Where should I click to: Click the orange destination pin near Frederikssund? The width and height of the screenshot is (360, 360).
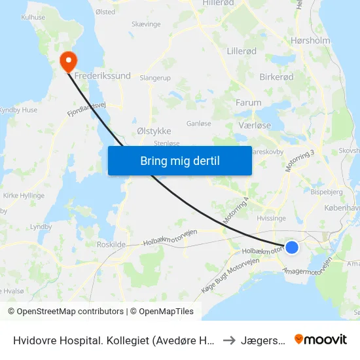tap(68, 62)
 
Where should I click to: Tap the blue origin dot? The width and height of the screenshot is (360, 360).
tap(292, 247)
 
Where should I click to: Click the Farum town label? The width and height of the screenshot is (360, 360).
tap(248, 103)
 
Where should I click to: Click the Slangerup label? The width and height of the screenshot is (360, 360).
tap(155, 78)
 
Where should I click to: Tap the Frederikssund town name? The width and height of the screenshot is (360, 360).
tap(103, 77)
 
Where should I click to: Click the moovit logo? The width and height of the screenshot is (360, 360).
tap(320, 339)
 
